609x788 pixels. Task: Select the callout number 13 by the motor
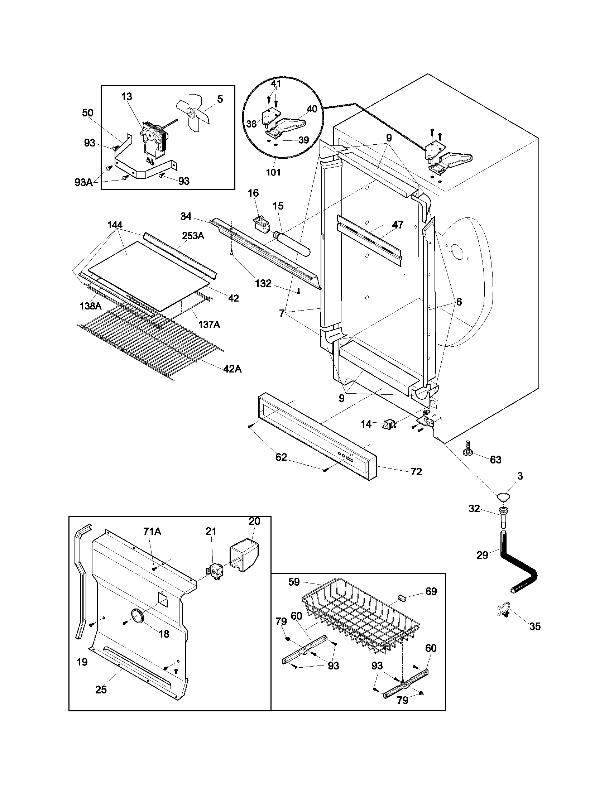tap(126, 97)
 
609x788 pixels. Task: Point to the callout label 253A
tap(193, 236)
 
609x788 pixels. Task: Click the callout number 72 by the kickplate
tap(416, 472)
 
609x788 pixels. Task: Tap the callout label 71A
tap(152, 531)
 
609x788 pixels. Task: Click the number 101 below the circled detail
tap(273, 172)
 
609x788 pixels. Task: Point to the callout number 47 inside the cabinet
tap(398, 225)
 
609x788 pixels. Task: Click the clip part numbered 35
tap(504, 611)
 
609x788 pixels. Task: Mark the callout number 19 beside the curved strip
tap(82, 662)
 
